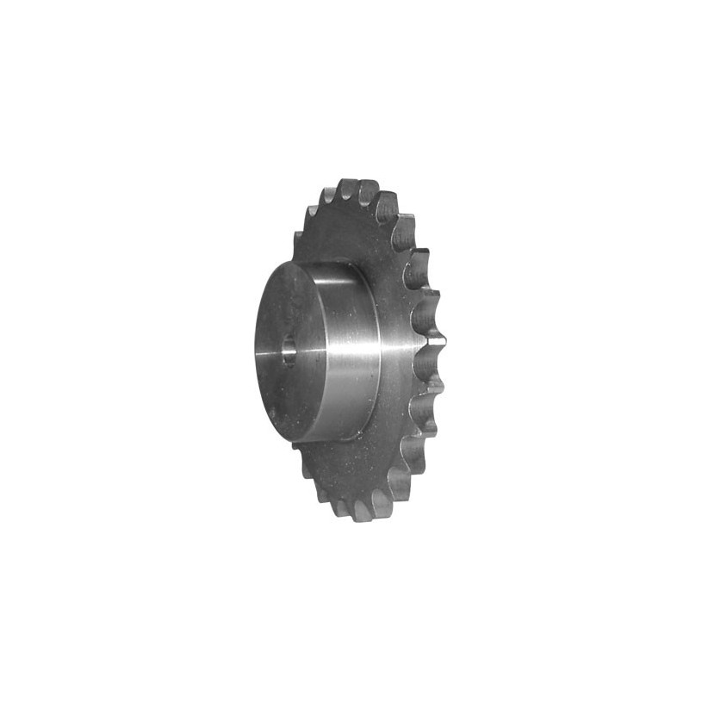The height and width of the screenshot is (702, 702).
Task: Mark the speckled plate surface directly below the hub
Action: click(345, 469)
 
